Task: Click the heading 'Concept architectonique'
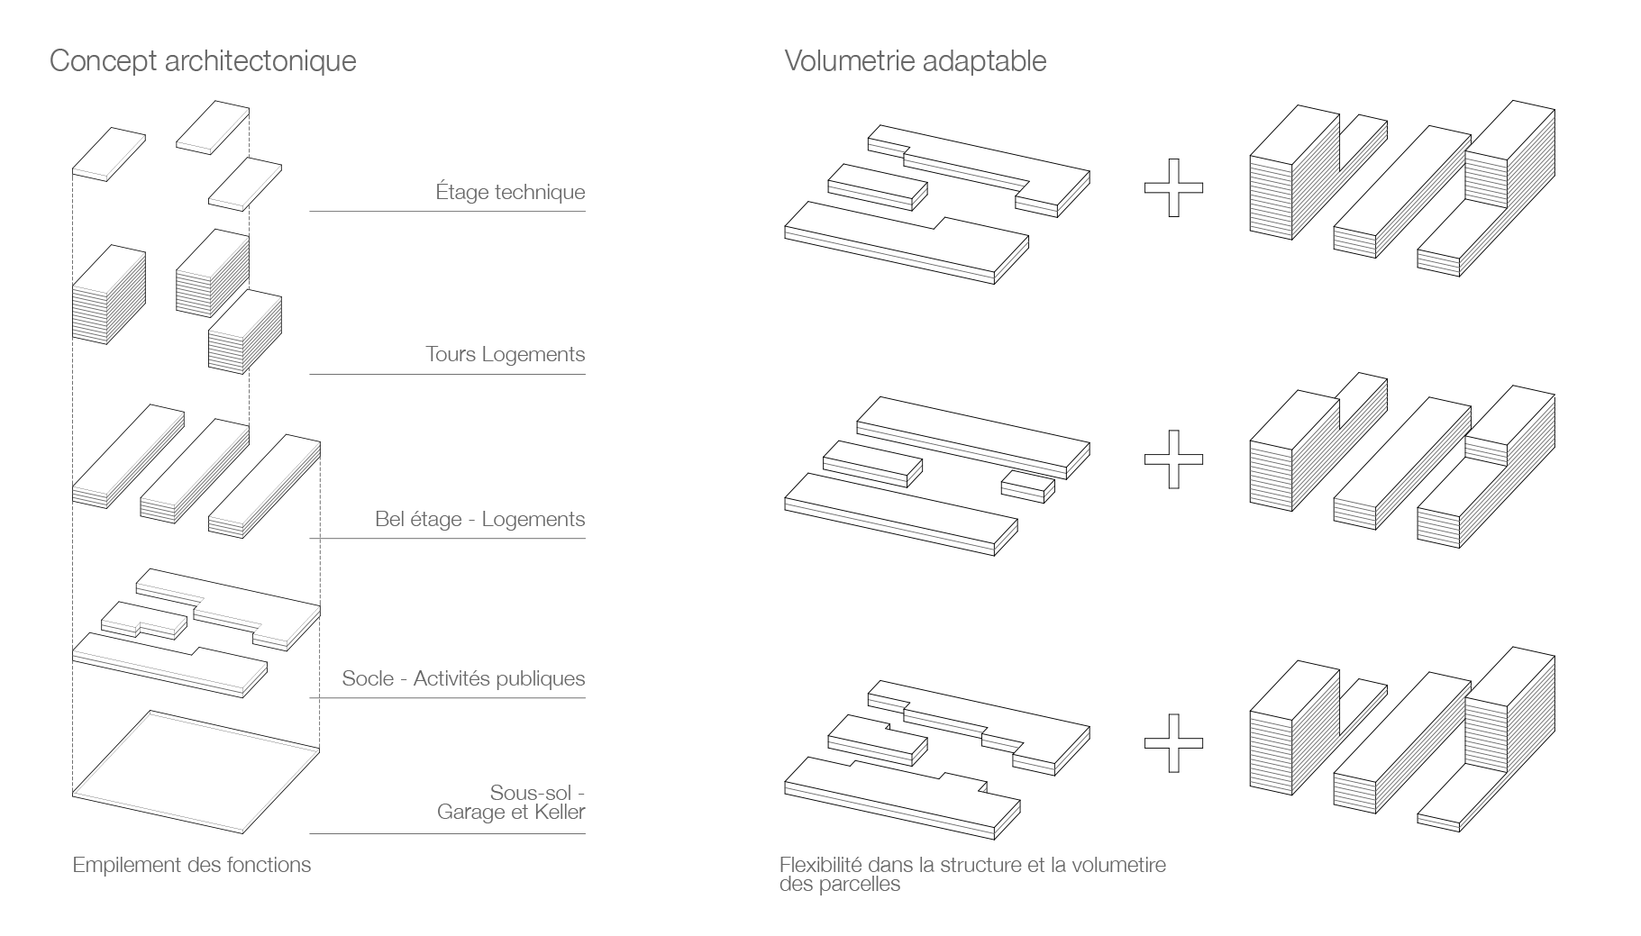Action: [203, 61]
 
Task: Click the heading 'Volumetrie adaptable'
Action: [915, 61]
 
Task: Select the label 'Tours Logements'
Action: [505, 354]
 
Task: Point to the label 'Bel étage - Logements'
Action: [479, 519]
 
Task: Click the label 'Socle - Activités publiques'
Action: [463, 678]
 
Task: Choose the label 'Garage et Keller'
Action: [510, 812]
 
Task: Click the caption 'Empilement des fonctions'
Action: [191, 865]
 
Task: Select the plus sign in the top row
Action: [1172, 187]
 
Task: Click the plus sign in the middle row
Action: [1172, 459]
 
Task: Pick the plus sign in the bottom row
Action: [1172, 742]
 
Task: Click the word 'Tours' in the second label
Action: [450, 354]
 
